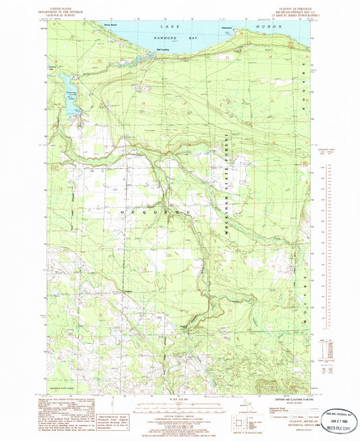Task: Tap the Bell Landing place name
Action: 145,49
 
